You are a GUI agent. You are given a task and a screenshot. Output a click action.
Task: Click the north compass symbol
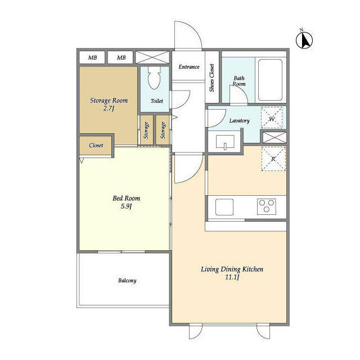coord(304,40)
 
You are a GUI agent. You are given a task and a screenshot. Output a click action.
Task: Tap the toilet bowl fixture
coord(154,78)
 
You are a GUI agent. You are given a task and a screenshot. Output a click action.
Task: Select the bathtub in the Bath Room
coord(270,80)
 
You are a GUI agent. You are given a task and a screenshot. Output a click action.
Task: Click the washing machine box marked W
coord(272,118)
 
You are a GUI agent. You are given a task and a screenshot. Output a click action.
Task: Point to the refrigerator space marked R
coord(273,159)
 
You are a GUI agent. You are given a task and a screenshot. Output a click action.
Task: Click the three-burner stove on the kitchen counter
coord(266,206)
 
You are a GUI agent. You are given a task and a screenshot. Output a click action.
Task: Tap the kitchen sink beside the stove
coord(224,207)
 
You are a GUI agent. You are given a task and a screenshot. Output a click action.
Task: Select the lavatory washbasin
coord(225,142)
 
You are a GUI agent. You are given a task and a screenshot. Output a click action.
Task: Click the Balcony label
coord(127,281)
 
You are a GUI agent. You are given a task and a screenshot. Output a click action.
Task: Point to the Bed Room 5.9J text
coord(126,202)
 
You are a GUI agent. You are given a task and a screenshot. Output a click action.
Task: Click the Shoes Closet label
coord(211,78)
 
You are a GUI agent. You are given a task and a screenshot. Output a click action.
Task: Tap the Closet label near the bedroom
coord(96,145)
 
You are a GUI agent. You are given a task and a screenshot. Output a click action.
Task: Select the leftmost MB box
coord(92,57)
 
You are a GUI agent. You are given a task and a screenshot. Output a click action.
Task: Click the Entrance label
coord(189,67)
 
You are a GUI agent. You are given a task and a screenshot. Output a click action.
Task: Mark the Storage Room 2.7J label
coord(109,104)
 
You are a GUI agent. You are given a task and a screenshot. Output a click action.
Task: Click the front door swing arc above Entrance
coord(192,29)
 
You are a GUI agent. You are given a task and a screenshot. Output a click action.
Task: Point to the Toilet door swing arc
coord(185,101)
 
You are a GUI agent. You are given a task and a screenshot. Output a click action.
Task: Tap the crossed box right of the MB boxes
coord(152,57)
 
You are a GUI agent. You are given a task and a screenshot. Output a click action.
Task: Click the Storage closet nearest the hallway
coord(163,130)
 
